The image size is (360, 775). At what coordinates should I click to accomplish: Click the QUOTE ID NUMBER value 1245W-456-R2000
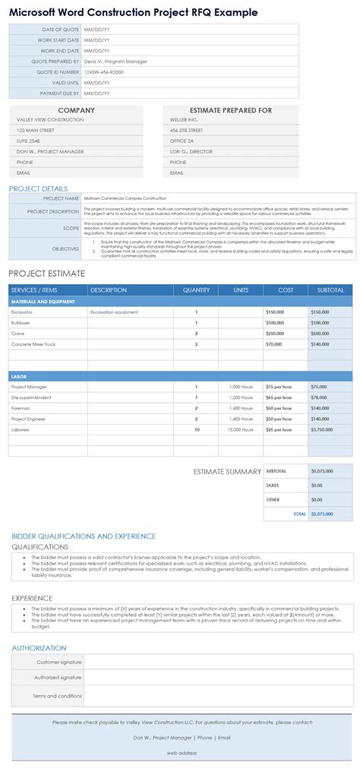tap(103, 71)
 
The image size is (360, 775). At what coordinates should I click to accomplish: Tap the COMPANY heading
tap(76, 110)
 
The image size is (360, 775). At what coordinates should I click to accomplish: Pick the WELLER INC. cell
tap(185, 119)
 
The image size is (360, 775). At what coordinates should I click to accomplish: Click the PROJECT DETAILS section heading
tap(38, 188)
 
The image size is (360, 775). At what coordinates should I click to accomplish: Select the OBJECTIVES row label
tap(65, 248)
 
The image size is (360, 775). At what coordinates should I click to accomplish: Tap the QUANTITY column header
tap(196, 290)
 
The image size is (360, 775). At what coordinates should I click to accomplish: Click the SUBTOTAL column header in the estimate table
tap(330, 290)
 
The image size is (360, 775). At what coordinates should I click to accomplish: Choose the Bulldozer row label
tap(22, 322)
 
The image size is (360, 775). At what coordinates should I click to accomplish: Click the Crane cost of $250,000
tap(275, 333)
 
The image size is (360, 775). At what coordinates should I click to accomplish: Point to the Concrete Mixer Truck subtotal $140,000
tap(321, 343)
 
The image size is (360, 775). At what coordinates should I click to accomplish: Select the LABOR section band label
tap(19, 376)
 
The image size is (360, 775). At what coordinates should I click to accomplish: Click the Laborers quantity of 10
tap(196, 429)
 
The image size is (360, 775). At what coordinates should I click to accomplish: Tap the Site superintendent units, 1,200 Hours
tap(241, 397)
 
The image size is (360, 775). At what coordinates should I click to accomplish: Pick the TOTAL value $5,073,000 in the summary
tap(322, 514)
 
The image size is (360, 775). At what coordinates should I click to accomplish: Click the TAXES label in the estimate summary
tap(273, 485)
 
